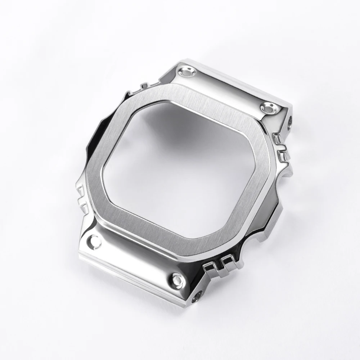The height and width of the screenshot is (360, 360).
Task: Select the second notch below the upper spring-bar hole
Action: (x=283, y=154)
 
